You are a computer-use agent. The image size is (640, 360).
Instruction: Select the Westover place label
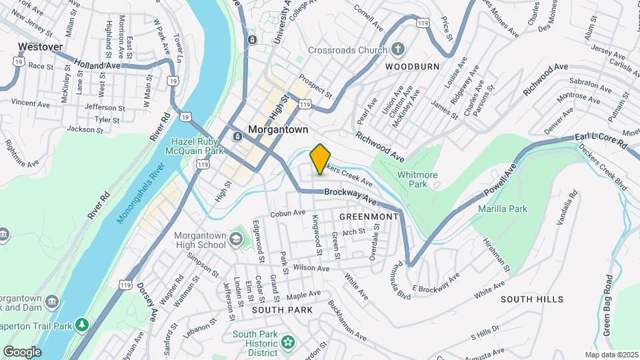click(40, 47)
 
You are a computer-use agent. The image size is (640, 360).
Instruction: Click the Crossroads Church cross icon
click(397, 49)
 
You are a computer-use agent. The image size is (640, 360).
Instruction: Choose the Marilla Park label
click(503, 209)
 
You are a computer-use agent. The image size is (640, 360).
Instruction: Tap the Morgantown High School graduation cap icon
click(235, 238)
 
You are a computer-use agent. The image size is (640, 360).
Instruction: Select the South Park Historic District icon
click(287, 343)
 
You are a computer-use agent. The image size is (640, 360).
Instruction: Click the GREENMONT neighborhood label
click(369, 217)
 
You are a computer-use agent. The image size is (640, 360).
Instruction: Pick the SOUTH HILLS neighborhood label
click(532, 299)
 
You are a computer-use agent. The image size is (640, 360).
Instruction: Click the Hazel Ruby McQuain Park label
click(200, 146)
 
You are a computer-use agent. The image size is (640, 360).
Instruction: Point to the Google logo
click(21, 351)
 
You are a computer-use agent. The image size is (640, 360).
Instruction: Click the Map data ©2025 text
click(612, 355)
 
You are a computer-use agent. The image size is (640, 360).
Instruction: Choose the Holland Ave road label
click(97, 65)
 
